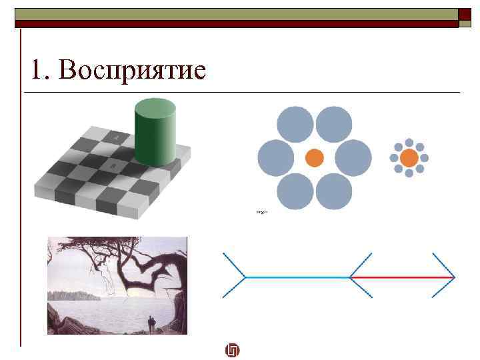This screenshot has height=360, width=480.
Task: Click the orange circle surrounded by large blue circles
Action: [x=314, y=158]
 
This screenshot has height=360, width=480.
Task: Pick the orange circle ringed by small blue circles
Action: [x=409, y=158]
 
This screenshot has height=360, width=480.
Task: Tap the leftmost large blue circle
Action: [x=276, y=158]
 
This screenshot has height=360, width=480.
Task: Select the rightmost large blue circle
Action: [x=353, y=158]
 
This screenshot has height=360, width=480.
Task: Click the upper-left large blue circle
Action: [x=295, y=125]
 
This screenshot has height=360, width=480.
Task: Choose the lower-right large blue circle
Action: [x=333, y=191]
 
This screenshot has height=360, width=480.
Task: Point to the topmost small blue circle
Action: [x=409, y=143]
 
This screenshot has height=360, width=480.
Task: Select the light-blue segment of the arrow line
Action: [x=297, y=277]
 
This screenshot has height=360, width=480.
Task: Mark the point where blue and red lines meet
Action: [x=350, y=277]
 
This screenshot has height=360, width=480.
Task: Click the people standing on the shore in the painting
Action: [x=151, y=323]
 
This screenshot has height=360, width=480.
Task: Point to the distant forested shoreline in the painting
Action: [x=73, y=295]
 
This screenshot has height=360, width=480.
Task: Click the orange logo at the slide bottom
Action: [x=233, y=351]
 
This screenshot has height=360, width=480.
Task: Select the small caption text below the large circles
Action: [x=261, y=212]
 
